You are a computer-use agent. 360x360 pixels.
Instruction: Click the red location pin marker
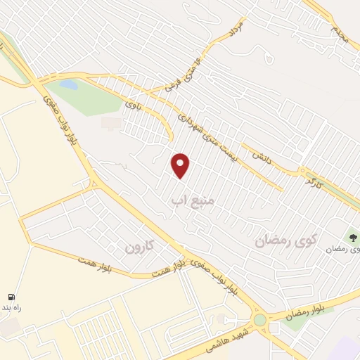point(181,165)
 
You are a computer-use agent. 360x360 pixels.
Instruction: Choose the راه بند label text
point(13,309)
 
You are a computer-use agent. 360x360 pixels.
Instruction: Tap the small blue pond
point(69,84)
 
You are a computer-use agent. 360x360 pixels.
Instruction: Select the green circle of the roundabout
point(261,320)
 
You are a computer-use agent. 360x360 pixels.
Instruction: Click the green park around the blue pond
point(95,98)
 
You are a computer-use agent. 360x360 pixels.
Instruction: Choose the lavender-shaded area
point(345,348)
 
